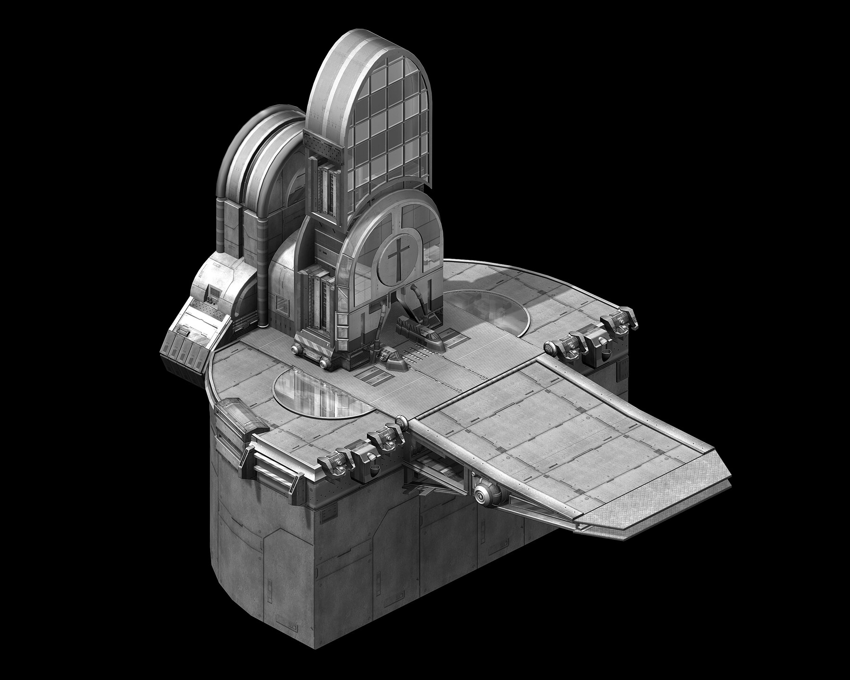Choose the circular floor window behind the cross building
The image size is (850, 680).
pyautogui.click(x=486, y=311)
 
